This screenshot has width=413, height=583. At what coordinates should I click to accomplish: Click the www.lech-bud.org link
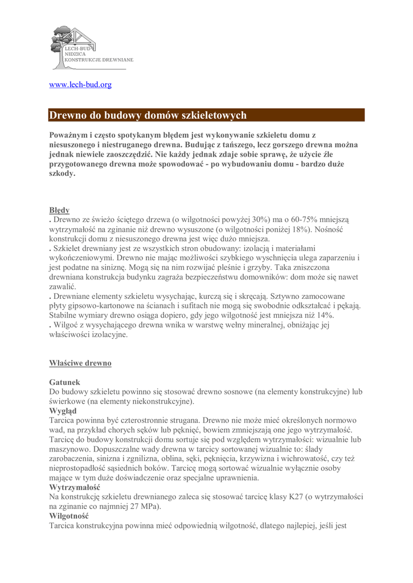point(80,85)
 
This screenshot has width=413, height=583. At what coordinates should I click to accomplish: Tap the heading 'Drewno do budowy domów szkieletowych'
point(148,116)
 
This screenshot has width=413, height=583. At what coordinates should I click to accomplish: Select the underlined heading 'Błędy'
point(59,210)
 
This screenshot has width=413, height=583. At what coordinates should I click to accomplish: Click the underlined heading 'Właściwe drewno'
point(80,363)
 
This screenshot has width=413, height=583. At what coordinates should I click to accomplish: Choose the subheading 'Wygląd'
point(63,410)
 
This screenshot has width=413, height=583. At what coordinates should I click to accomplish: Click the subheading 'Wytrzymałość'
point(75,488)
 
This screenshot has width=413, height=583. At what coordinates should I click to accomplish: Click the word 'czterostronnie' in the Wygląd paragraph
point(144,420)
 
